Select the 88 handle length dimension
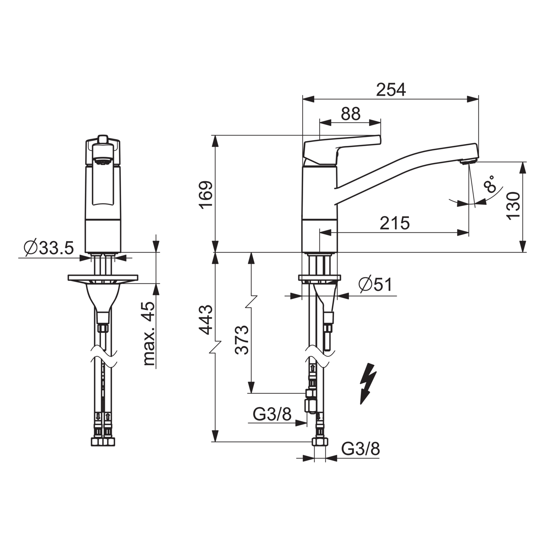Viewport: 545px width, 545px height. coord(351,114)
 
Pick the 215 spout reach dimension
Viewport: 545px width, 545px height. coord(395,223)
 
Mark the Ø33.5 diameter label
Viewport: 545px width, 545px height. coord(49,248)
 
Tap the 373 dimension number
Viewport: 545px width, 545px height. coord(242,340)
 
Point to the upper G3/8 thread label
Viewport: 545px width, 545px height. coord(272,415)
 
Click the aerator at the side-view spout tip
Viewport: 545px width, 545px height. coord(468,162)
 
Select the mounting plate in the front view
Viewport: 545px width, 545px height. coord(103,278)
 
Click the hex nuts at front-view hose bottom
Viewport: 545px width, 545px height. coord(103,442)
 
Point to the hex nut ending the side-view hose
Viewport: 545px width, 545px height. coord(320,442)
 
